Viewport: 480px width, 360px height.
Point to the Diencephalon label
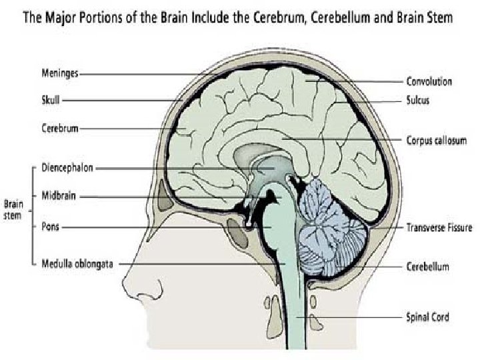(66, 169)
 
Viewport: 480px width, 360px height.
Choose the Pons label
(50, 226)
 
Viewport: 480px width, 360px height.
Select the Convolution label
(429, 82)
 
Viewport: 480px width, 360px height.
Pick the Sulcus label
(418, 101)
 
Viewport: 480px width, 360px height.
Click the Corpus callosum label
(436, 141)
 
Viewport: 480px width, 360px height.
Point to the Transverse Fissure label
(439, 228)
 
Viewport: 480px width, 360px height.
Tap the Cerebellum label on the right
(427, 267)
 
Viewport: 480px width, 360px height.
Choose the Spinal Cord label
(427, 317)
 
